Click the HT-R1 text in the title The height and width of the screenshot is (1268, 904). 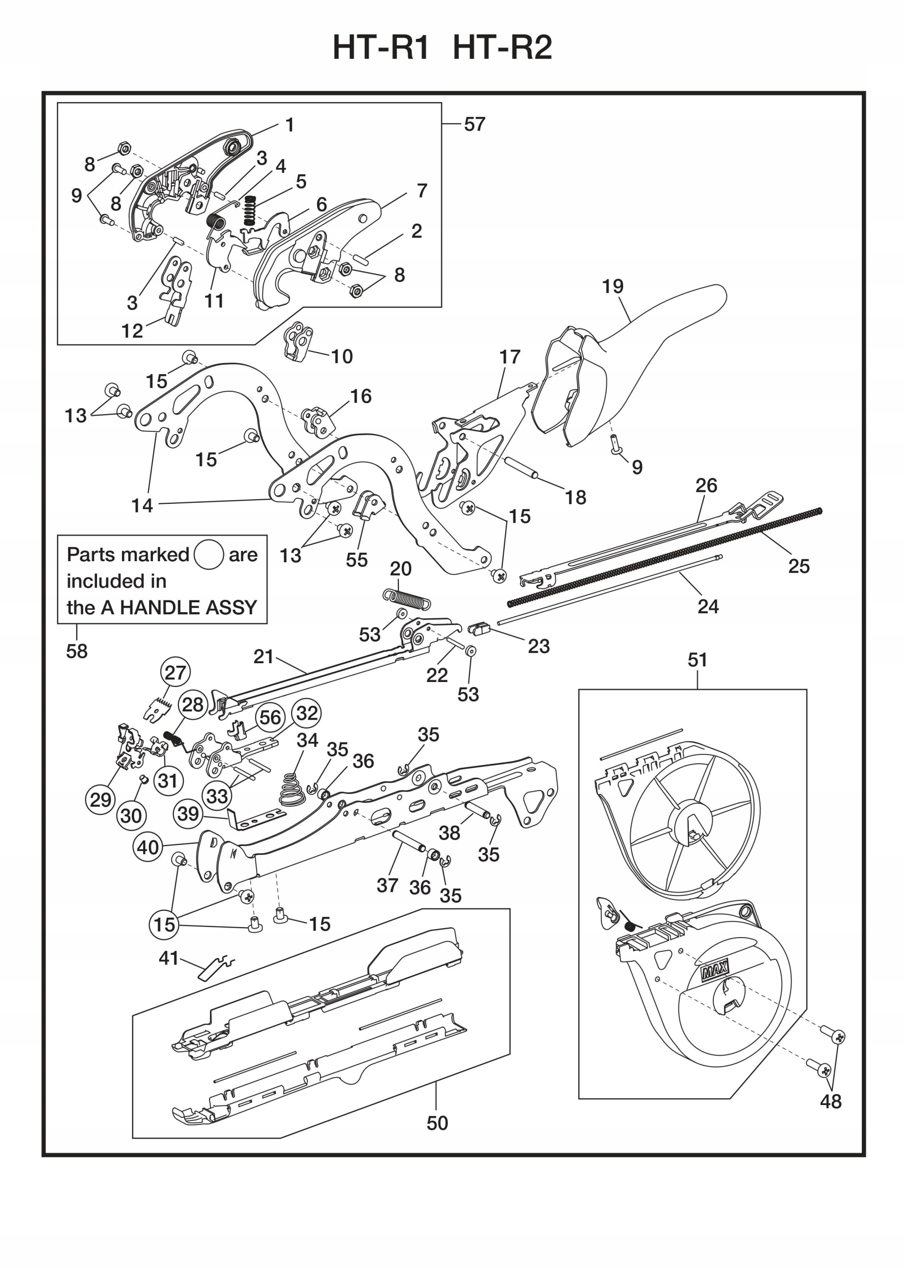[x=381, y=48]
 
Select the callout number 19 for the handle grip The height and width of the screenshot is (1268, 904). [x=612, y=287]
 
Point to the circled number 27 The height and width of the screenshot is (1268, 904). [x=175, y=673]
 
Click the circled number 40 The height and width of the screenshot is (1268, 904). [x=148, y=847]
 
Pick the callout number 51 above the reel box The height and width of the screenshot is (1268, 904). [x=697, y=660]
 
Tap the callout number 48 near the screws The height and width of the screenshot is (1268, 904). [x=831, y=1101]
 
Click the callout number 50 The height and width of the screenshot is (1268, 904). [x=437, y=1123]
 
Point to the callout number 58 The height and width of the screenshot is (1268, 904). [x=77, y=651]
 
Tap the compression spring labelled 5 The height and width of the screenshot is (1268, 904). [x=250, y=211]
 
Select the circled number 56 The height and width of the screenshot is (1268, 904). [x=270, y=718]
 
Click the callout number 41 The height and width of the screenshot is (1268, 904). [x=169, y=958]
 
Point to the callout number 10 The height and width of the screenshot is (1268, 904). [x=342, y=356]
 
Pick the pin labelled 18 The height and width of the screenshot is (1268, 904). [x=520, y=467]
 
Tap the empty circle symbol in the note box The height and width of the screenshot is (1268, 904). [x=209, y=555]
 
